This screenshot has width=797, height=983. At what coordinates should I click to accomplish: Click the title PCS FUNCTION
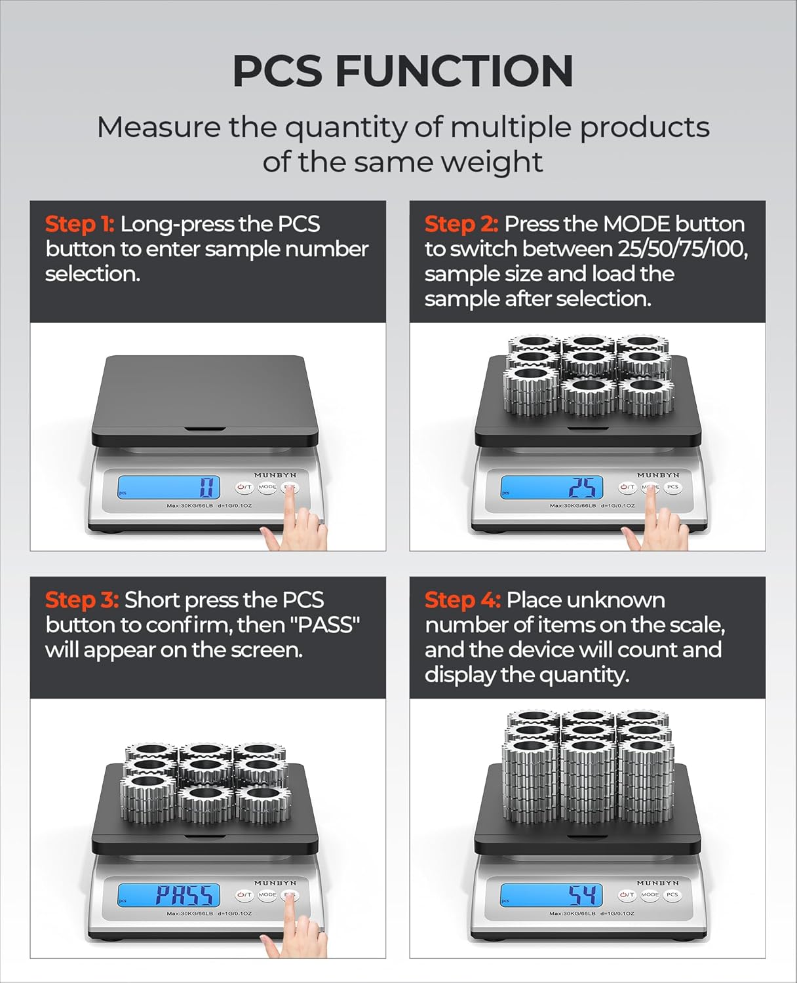402,71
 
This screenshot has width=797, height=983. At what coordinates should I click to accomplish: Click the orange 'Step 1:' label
79,224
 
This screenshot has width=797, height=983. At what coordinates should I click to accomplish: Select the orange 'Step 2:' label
461,224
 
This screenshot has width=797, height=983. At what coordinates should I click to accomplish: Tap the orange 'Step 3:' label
82,600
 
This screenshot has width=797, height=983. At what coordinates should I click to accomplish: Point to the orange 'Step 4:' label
462,600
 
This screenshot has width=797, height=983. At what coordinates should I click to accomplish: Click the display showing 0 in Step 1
168,487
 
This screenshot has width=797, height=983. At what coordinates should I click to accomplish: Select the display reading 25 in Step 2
551,487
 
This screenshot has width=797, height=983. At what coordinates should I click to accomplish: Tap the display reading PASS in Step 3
168,895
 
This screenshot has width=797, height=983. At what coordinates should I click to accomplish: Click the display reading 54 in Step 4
551,895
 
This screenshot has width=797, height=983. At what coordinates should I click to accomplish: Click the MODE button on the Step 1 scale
267,487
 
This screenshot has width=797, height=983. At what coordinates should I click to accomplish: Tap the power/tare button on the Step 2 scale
627,487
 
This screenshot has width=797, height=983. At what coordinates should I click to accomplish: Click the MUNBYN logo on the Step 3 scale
275,883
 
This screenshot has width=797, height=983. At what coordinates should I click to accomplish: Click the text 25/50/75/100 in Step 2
682,249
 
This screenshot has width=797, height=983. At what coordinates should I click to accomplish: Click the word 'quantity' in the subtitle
343,127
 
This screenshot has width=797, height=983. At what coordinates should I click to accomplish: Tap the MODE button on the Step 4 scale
650,895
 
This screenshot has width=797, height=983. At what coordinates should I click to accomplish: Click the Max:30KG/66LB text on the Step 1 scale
190,506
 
